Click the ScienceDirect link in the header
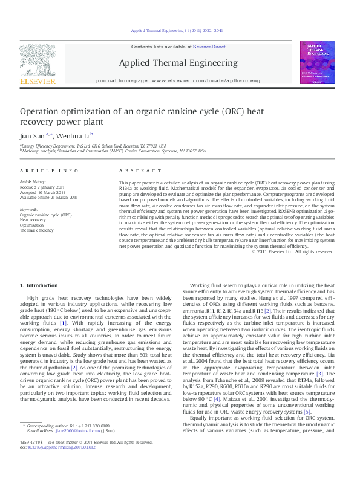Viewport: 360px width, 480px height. click(209, 47)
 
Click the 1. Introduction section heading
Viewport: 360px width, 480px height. click(39, 285)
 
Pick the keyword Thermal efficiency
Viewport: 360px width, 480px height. click(37, 230)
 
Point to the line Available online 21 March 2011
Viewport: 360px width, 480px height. click(49, 197)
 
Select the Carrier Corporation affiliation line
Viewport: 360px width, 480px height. click(114, 151)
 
